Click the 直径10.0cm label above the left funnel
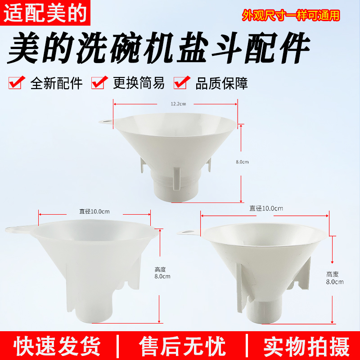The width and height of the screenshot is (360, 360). (94, 211)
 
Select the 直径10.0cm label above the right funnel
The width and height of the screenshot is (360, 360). (266, 208)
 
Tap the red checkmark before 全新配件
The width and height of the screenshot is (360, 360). (17, 83)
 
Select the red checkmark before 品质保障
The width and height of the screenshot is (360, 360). (181, 83)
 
